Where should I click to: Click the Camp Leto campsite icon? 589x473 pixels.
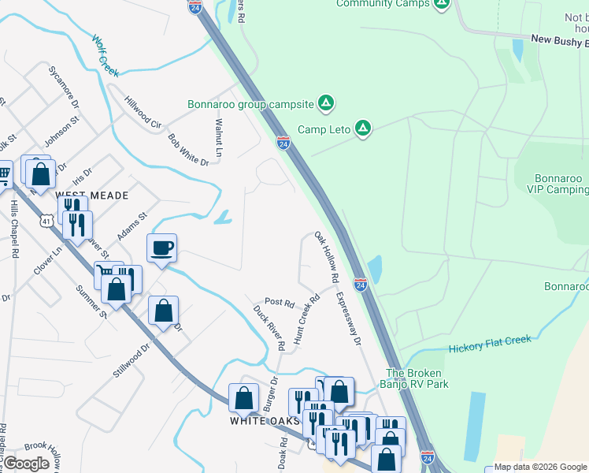point(362,128)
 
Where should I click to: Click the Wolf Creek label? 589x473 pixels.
point(105,55)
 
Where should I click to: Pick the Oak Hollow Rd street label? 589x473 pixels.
point(326,257)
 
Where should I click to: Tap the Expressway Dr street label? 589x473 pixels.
point(347,319)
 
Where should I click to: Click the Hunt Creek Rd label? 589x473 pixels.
point(306,320)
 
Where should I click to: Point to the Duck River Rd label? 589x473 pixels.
point(269,328)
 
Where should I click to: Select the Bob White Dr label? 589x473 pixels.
point(188,150)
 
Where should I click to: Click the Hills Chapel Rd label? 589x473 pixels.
point(14,229)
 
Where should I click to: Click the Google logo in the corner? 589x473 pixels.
point(28,463)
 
